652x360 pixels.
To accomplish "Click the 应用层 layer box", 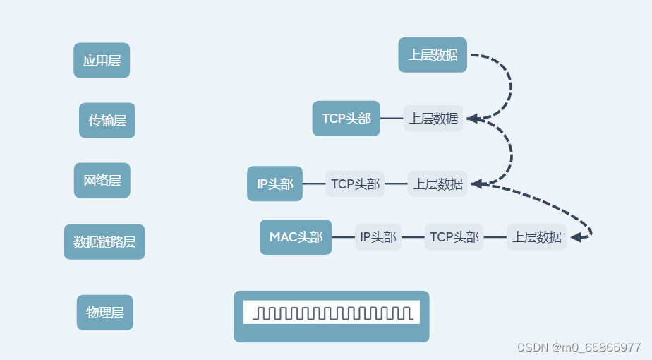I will pyautogui.click(x=102, y=61).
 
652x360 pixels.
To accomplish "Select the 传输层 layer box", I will pyautogui.click(x=107, y=121).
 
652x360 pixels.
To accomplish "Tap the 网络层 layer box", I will pyautogui.click(x=102, y=181).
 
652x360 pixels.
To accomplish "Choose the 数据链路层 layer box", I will pyautogui.click(x=104, y=242).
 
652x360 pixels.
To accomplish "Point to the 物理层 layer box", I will pyautogui.click(x=105, y=313).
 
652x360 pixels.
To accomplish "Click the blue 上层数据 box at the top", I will pyautogui.click(x=433, y=55).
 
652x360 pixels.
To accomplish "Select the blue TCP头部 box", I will pyautogui.click(x=346, y=119).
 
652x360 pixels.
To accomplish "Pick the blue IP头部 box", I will pyautogui.click(x=275, y=184).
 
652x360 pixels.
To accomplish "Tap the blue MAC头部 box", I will pyautogui.click(x=296, y=237).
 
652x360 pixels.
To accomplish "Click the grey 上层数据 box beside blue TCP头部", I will pyautogui.click(x=433, y=119).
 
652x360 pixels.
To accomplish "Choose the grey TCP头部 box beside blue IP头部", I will pyautogui.click(x=356, y=184).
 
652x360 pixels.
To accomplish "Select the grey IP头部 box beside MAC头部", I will pyautogui.click(x=378, y=237).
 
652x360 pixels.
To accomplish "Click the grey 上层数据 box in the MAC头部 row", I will pyautogui.click(x=537, y=237).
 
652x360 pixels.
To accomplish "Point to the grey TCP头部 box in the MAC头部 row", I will pyautogui.click(x=454, y=237).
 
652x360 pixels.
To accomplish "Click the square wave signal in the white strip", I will pyautogui.click(x=331, y=313).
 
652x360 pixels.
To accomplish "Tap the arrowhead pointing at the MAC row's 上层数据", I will pyautogui.click(x=576, y=237).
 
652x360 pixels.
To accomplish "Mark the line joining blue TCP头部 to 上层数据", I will pyautogui.click(x=392, y=119).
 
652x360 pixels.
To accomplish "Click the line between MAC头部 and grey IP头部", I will pyautogui.click(x=343, y=237).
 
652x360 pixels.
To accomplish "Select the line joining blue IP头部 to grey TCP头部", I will pyautogui.click(x=314, y=184).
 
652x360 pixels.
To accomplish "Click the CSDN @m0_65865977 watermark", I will pyautogui.click(x=579, y=347).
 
